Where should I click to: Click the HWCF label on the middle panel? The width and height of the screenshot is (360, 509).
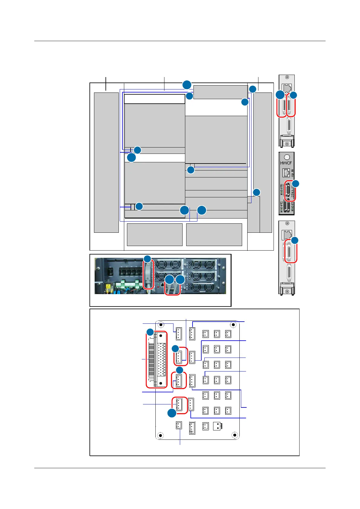(x=286, y=163)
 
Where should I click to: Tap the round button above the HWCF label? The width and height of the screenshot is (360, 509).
(x=287, y=157)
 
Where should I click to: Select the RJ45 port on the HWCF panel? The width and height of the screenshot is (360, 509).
(x=286, y=173)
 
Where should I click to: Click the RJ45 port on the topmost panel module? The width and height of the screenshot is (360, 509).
(x=287, y=88)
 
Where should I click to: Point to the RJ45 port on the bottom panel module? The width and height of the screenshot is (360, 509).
(x=286, y=234)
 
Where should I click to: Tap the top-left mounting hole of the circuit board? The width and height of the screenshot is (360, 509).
(x=161, y=325)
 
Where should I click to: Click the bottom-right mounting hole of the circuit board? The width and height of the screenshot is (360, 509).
(x=234, y=435)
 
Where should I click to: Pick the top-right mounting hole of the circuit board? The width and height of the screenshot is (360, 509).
(x=233, y=325)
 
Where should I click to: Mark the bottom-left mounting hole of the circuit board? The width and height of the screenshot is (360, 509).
(x=160, y=436)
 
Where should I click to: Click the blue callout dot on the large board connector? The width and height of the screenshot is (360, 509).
(x=150, y=332)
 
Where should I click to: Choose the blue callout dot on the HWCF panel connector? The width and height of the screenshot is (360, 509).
(x=295, y=183)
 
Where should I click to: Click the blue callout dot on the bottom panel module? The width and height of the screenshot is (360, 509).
(x=294, y=240)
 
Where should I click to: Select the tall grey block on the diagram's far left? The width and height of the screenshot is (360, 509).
(x=106, y=162)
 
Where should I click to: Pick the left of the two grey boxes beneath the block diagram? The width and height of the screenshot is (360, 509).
(x=154, y=235)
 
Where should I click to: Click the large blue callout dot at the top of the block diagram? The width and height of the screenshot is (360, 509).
(x=187, y=85)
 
